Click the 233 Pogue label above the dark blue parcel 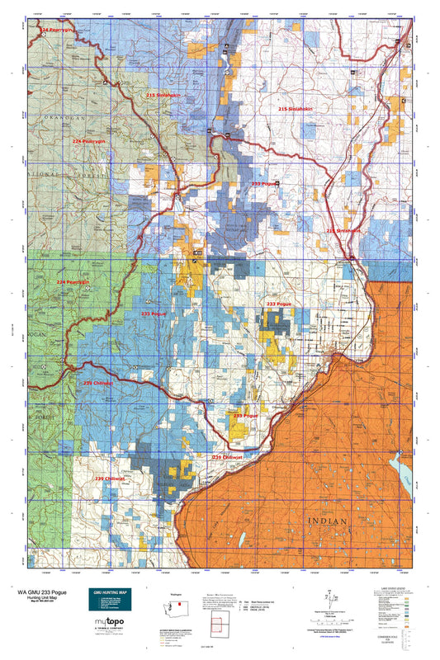click(x=279, y=304)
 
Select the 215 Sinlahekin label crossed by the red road click(x=342, y=231)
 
